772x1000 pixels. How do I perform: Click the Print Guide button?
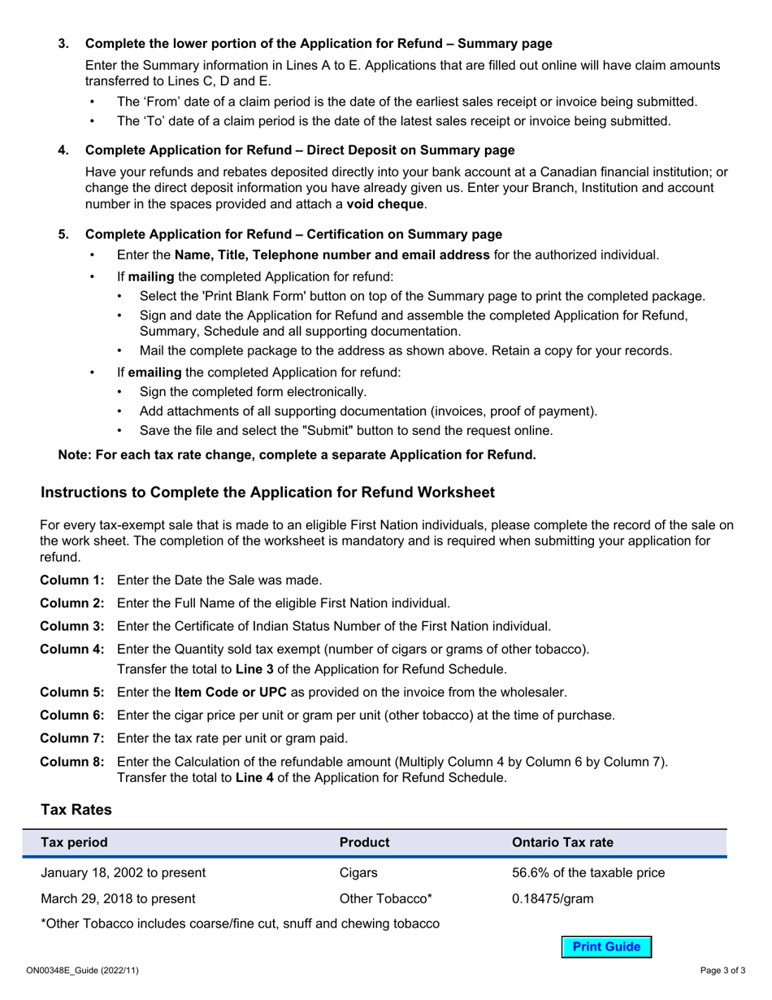click(606, 946)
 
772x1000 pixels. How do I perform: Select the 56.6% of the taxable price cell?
click(588, 873)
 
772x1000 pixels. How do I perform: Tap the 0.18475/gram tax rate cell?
click(552, 898)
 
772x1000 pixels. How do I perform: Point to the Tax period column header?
click(74, 842)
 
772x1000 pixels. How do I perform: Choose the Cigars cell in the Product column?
click(358, 873)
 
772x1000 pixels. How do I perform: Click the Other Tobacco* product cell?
click(385, 898)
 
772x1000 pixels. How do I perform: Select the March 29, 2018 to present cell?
click(118, 898)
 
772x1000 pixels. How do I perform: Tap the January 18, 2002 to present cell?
click(123, 873)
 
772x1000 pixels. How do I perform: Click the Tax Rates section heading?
click(76, 810)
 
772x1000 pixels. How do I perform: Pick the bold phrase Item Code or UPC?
click(230, 693)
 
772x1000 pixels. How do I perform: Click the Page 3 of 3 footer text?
click(723, 971)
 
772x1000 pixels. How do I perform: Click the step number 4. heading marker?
click(63, 150)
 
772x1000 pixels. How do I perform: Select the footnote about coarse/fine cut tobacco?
click(241, 924)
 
